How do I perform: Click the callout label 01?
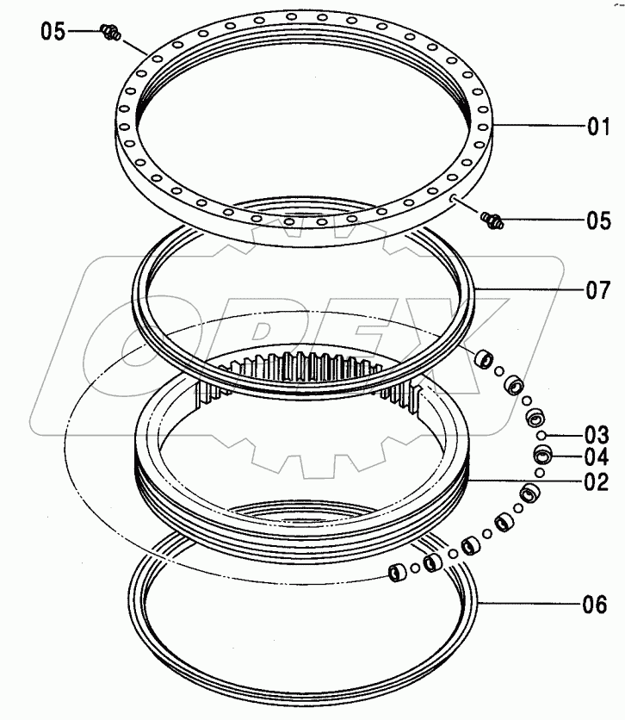pyautogui.click(x=597, y=128)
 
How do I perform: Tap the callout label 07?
pyautogui.click(x=597, y=290)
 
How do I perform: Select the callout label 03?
pyautogui.click(x=597, y=433)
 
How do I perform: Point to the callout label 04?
pyautogui.click(x=597, y=456)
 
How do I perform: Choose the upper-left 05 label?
pyautogui.click(x=53, y=32)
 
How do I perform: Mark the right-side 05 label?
pyautogui.click(x=597, y=220)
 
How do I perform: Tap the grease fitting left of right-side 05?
pyautogui.click(x=493, y=220)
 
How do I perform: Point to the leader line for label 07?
pyautogui.click(x=525, y=290)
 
